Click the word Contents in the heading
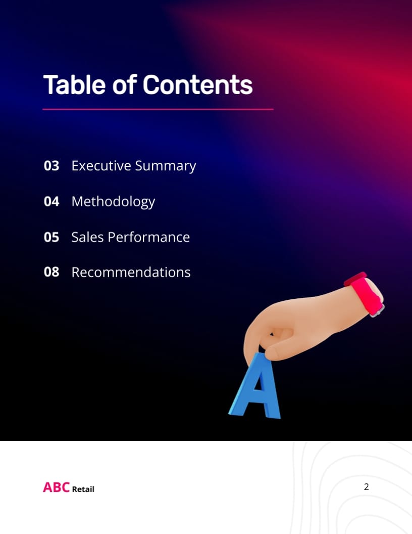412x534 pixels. point(197,84)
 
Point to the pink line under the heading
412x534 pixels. point(158,109)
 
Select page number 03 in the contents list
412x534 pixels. point(51,166)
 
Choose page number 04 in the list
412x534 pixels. point(51,201)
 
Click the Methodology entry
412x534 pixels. point(113,202)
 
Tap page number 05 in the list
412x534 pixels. point(51,237)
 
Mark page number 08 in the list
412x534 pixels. point(51,272)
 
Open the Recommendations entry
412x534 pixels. point(131,272)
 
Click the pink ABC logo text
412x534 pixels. point(56,487)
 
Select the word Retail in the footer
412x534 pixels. point(83,489)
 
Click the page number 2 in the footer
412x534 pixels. point(366,487)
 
